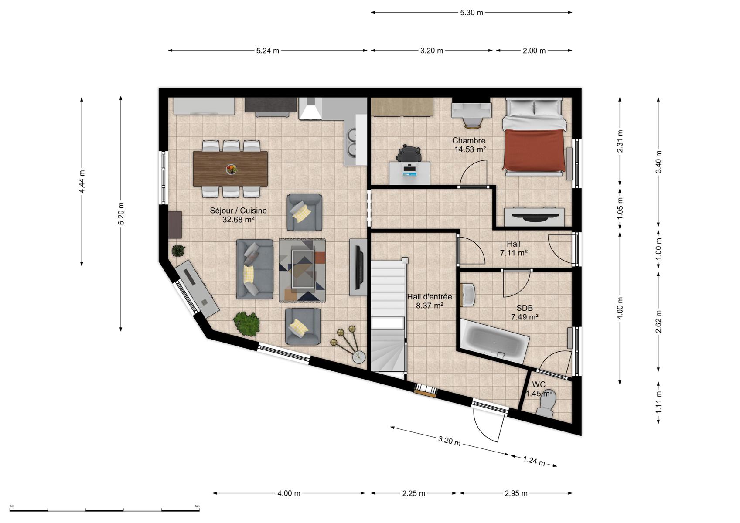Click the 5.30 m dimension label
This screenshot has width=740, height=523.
click(471, 13)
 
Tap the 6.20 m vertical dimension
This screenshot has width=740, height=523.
click(121, 213)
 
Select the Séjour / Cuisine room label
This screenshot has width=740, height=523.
click(238, 215)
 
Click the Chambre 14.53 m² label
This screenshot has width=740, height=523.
click(469, 145)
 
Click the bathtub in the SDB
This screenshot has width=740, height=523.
click(494, 341)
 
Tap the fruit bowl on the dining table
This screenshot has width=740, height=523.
click(231, 170)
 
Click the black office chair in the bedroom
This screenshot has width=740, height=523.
click(409, 153)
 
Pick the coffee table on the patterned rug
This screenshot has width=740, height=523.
click(303, 269)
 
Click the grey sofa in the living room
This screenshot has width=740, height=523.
click(255, 269)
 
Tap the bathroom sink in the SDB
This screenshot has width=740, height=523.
click(468, 295)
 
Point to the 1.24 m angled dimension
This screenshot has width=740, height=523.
click(534, 461)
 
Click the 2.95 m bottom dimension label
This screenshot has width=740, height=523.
click(516, 493)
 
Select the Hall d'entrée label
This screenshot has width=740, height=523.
click(430, 301)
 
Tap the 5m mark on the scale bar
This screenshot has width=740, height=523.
click(197, 506)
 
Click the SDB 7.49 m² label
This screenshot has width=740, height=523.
click(525, 312)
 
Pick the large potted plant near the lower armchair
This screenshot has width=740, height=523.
click(246, 323)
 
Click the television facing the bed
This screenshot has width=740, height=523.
click(534, 217)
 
